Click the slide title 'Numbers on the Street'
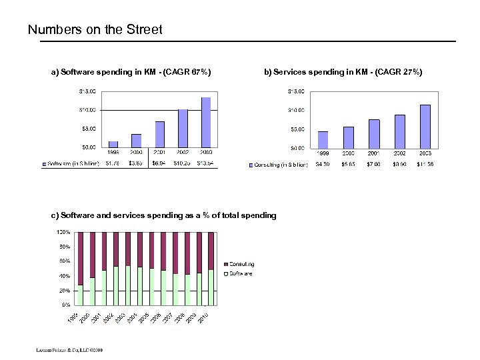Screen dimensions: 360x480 tap(95, 30)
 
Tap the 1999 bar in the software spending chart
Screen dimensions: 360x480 tap(113, 144)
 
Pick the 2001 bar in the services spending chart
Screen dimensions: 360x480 tap(374, 133)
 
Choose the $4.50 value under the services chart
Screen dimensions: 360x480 tap(323, 164)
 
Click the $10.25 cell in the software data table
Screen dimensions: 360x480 tap(183, 163)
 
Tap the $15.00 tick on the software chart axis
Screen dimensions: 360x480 tap(88, 91)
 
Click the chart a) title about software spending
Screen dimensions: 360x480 tap(131, 71)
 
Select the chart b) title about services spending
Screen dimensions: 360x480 tap(343, 71)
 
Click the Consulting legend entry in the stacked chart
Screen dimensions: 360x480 tap(241, 265)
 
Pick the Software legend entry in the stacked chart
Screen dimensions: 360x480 tap(239, 273)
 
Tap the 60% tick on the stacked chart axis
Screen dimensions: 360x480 tap(64, 261)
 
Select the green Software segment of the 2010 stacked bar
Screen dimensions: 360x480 tap(211, 287)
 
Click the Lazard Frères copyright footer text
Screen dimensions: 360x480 tap(65, 349)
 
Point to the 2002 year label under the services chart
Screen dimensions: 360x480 tap(399, 153)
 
